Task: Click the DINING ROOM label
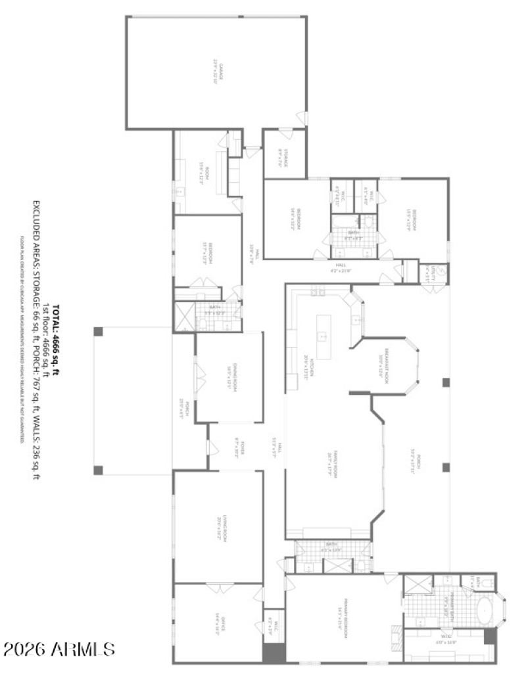point(230,376)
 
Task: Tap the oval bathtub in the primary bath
point(485,611)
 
